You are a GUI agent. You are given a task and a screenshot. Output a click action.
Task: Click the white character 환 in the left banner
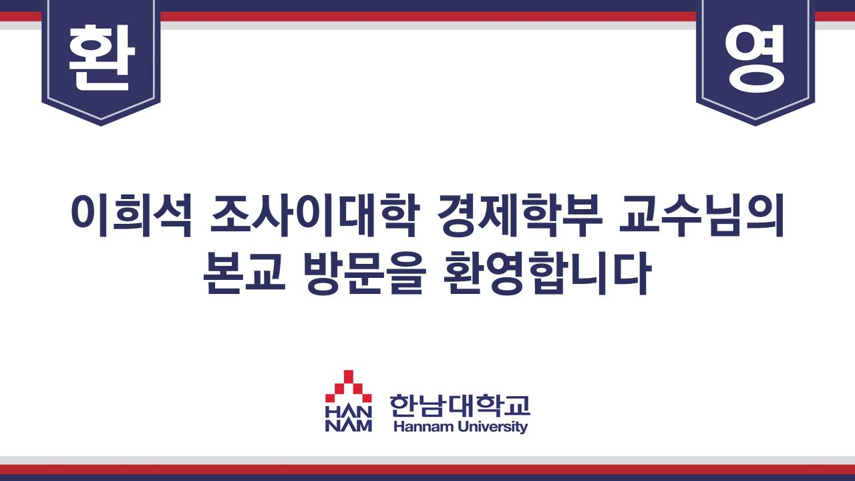point(102,57)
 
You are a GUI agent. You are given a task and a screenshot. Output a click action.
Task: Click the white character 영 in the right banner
point(755,58)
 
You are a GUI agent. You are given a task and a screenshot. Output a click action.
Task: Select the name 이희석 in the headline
point(132,216)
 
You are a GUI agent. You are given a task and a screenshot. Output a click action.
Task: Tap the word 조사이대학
point(315,216)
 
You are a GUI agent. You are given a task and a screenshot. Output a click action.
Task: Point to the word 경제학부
point(520,216)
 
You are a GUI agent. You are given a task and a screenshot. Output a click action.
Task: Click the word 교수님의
point(701,216)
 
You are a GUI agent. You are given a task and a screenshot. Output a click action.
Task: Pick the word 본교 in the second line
point(244,273)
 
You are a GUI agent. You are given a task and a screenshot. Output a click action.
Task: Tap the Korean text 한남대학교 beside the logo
point(460,406)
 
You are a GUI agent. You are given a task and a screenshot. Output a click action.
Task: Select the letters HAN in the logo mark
point(349,412)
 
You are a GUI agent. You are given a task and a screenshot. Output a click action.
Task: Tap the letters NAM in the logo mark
point(349,426)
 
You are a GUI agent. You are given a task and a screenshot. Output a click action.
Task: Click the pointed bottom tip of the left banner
point(101,125)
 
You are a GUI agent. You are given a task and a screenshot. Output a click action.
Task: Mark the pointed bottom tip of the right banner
point(755,125)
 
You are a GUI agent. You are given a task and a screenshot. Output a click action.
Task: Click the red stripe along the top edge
point(427,17)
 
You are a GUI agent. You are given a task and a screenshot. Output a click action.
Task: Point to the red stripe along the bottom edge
point(427,470)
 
